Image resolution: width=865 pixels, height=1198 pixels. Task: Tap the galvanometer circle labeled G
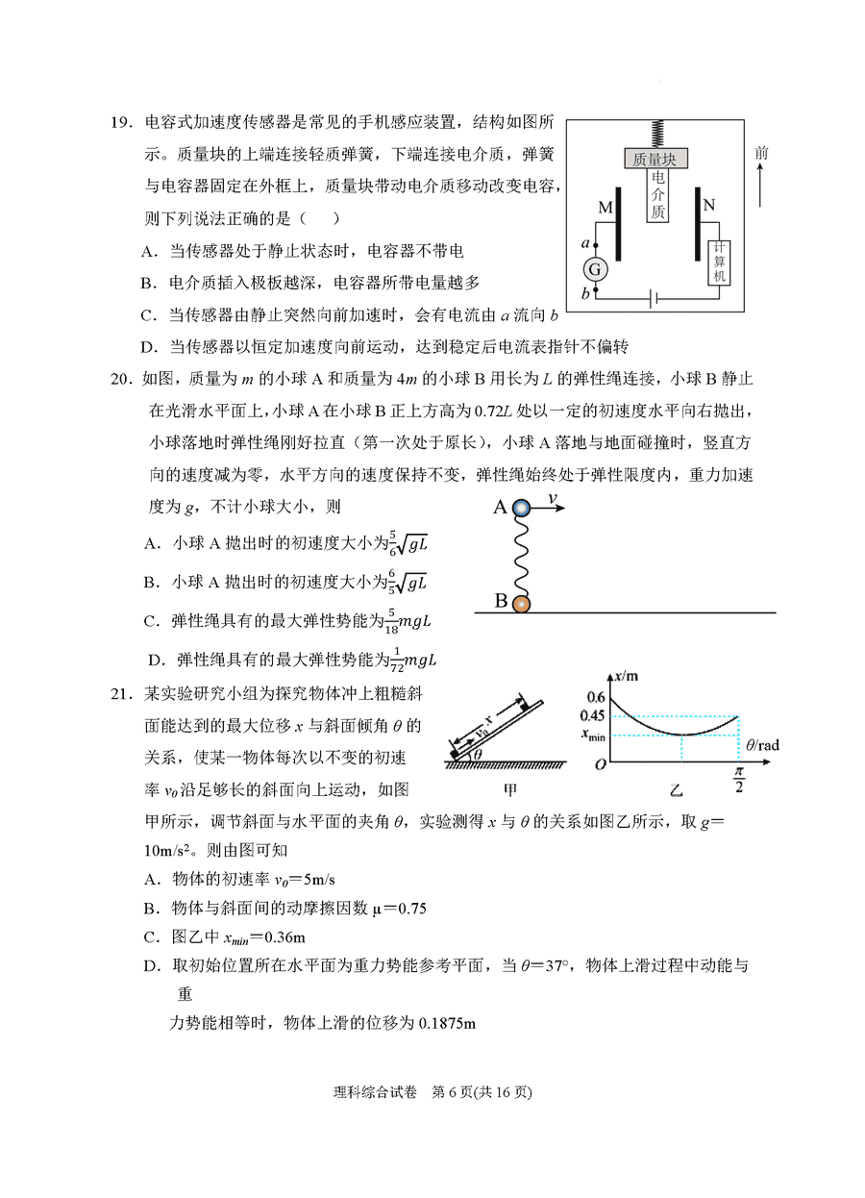pos(595,268)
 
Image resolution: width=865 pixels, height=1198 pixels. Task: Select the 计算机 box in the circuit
pos(718,262)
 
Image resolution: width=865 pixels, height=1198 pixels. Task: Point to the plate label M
pos(605,207)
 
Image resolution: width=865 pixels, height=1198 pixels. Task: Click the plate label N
pos(708,205)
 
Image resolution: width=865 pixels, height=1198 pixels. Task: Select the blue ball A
pos(520,508)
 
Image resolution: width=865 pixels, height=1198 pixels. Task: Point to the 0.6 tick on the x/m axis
pos(596,697)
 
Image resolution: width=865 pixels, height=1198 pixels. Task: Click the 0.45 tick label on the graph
pos(592,715)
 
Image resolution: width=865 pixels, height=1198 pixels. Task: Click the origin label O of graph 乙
pos(600,764)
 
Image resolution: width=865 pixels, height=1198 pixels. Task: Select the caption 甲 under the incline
pos(511,790)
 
